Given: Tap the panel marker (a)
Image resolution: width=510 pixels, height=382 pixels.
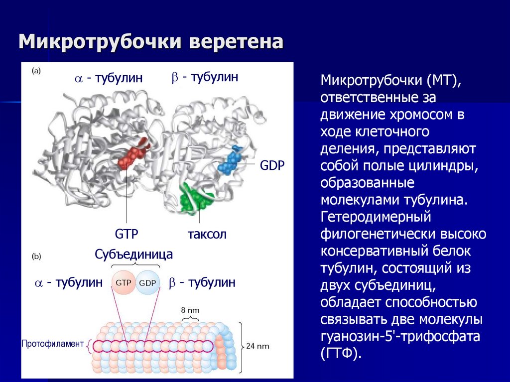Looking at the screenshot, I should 37,71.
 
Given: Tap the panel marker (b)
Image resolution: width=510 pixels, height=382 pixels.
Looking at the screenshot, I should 37,257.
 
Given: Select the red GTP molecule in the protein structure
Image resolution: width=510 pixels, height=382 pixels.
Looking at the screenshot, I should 132,154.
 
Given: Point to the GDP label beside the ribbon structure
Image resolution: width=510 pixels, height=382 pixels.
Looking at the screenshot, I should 272,165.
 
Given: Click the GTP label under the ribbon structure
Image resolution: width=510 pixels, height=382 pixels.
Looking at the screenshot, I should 126,234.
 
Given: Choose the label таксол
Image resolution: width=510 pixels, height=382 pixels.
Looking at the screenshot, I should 207,234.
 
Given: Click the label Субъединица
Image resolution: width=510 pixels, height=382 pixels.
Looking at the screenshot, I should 134,255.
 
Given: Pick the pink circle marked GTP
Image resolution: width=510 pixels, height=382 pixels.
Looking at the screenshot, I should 124,283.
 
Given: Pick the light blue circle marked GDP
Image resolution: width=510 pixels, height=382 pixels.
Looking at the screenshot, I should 147,283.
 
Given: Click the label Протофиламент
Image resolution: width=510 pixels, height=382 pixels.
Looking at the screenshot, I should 52,344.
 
